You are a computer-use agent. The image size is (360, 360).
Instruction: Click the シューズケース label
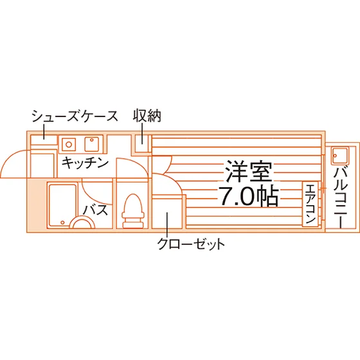75,116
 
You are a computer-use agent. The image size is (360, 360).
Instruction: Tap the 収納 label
147,116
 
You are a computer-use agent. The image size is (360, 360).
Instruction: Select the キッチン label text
85,163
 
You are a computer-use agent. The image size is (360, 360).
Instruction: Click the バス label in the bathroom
95,210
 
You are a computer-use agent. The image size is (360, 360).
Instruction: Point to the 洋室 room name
249,171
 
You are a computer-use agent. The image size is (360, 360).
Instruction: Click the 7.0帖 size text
249,197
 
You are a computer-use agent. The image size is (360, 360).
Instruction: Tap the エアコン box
310,204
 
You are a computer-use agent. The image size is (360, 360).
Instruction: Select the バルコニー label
341,198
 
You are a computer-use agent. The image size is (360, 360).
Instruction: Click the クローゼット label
191,244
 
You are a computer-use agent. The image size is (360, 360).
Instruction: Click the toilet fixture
133,212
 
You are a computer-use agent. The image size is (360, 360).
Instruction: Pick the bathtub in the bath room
62,204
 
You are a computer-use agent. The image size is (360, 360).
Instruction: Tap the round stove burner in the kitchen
69,145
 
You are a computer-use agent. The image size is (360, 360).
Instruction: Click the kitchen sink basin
92,144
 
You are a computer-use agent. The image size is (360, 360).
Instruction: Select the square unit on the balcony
340,156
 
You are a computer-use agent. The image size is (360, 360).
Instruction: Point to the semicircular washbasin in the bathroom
82,221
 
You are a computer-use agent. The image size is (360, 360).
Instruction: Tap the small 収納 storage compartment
142,143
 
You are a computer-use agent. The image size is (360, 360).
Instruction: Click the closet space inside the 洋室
168,212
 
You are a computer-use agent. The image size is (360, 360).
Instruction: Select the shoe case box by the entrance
44,140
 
